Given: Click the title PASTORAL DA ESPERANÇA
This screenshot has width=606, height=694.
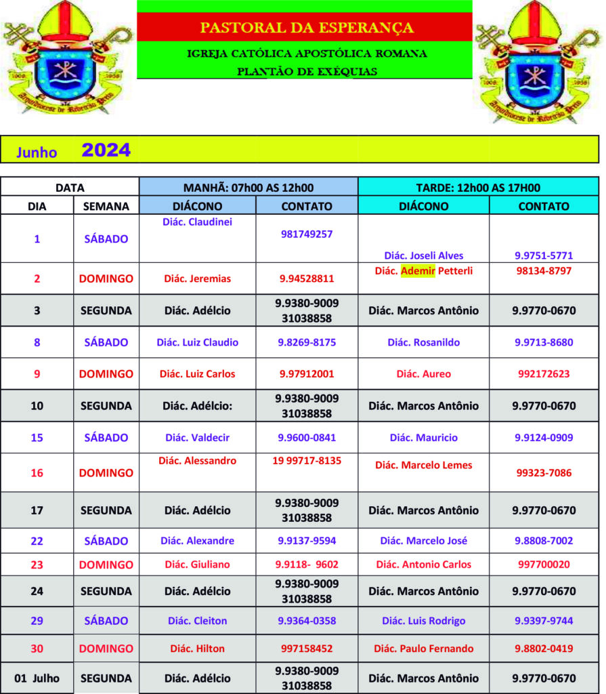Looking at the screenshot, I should pos(306,28).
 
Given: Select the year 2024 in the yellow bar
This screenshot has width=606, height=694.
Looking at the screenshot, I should pos(106,150).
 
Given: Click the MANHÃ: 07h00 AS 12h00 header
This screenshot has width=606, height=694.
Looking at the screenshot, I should pos(248,188).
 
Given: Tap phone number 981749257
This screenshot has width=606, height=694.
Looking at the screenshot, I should pos(307,234).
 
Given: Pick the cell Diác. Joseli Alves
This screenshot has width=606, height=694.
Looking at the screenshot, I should pos(424,256).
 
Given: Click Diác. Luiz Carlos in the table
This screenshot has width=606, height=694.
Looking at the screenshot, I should pos(197,373).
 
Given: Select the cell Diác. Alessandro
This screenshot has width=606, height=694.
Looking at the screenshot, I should pos(198,461).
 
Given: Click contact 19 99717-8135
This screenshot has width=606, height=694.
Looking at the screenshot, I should pos(307,461).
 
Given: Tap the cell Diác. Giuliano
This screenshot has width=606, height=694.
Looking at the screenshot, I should pos(197,564).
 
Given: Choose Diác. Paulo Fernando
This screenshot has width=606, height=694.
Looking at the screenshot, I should pos(424,649).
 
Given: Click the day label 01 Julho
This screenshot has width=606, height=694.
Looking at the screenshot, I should pos(37,678).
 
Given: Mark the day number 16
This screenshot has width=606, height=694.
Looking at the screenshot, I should pos(37,472).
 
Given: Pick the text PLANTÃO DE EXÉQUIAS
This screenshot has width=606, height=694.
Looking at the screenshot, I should pos(307,70).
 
